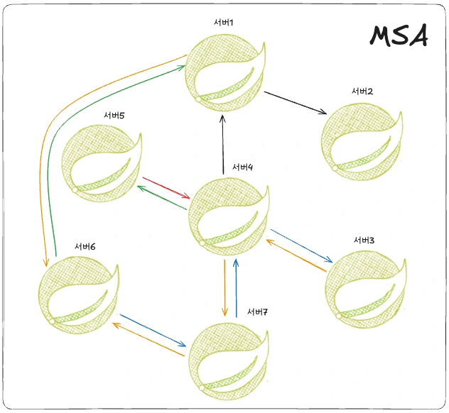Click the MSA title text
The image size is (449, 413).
click(x=399, y=35)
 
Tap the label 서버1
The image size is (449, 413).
click(x=222, y=23)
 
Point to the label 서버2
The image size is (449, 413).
click(x=362, y=92)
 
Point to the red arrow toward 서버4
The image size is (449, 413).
click(x=166, y=188)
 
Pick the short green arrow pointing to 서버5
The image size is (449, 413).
click(x=162, y=198)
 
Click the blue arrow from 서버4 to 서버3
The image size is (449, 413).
click(x=301, y=244)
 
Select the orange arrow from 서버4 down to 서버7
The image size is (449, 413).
click(x=224, y=288)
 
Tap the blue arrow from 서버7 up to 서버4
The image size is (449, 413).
click(x=236, y=288)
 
